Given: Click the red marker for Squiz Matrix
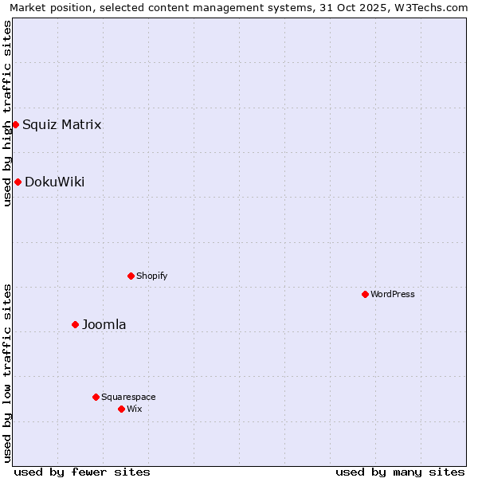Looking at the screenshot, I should click(15, 124).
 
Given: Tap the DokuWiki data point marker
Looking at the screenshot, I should click(18, 182).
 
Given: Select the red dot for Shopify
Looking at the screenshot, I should click(131, 276).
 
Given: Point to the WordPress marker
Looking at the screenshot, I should click(365, 294).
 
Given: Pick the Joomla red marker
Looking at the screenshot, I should click(75, 324).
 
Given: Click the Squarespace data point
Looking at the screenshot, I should click(96, 397).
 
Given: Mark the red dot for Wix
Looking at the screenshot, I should click(121, 409).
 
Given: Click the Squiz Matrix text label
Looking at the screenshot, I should click(61, 124).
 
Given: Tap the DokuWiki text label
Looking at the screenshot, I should click(54, 182).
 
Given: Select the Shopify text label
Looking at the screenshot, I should click(151, 276).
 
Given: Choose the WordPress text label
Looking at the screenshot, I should click(393, 294).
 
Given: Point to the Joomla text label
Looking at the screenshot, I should click(104, 324).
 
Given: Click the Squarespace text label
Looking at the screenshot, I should click(128, 397).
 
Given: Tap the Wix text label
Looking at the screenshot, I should click(134, 409).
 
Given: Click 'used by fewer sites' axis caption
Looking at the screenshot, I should click(82, 472).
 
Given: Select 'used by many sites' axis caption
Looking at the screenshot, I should click(400, 472).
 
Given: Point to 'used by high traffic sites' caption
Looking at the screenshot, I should click(7, 113).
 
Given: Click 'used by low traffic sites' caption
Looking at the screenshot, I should click(7, 373).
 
